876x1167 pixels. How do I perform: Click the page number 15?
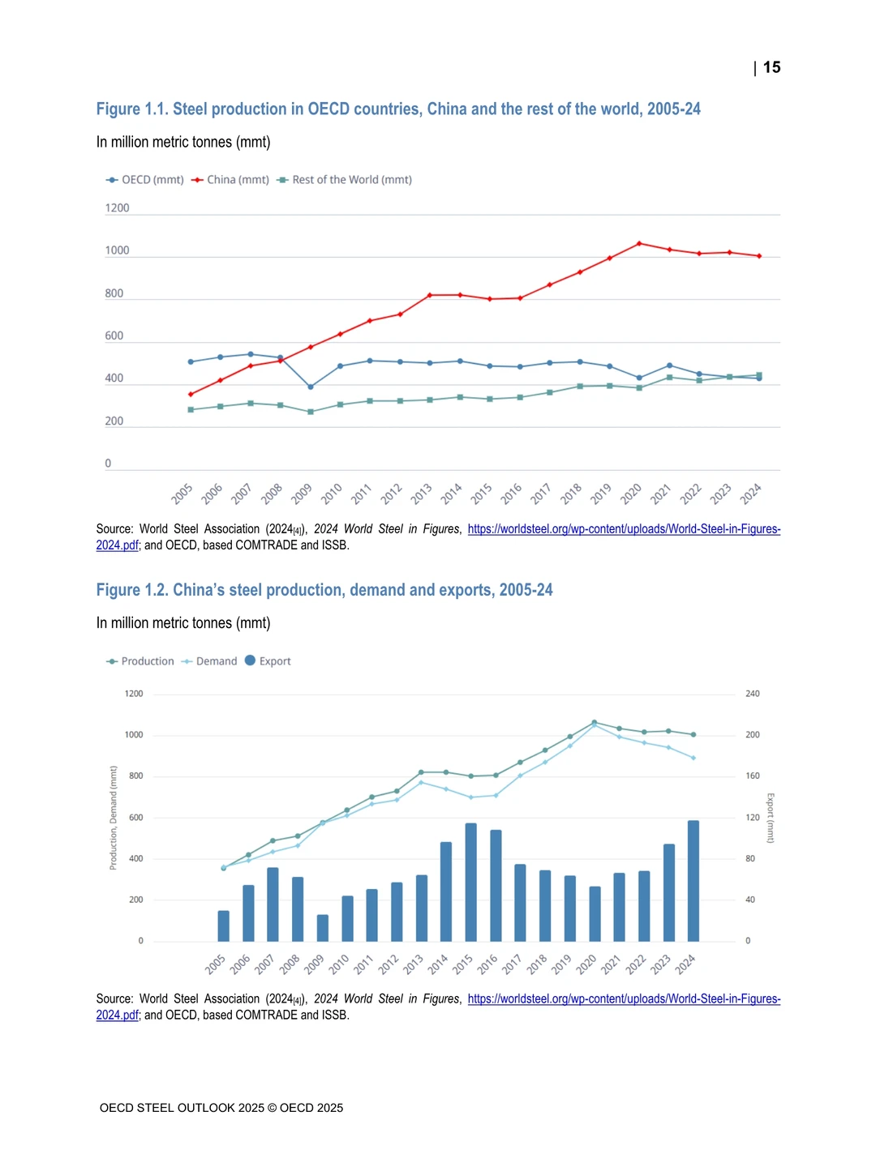(771, 67)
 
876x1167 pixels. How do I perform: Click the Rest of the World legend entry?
(344, 180)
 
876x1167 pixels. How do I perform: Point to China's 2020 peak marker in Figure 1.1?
(639, 243)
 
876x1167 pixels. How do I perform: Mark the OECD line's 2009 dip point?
(311, 387)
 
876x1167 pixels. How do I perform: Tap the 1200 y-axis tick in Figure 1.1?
(117, 208)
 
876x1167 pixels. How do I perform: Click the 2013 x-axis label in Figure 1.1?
(421, 494)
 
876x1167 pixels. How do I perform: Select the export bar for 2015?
(470, 882)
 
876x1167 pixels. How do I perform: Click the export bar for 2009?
(322, 928)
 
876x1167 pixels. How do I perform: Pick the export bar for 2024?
(693, 881)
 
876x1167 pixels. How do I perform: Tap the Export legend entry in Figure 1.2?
(268, 660)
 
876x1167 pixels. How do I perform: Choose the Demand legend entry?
(209, 661)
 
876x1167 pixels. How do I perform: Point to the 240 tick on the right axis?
(752, 694)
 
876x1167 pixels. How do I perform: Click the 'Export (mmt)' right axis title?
(771, 818)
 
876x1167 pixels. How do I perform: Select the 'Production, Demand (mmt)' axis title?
(113, 818)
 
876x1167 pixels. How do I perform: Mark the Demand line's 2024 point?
(693, 758)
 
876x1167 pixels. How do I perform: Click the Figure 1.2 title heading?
(324, 590)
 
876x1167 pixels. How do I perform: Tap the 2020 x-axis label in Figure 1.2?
(586, 964)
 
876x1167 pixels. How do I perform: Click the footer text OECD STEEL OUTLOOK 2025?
(182, 1108)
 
